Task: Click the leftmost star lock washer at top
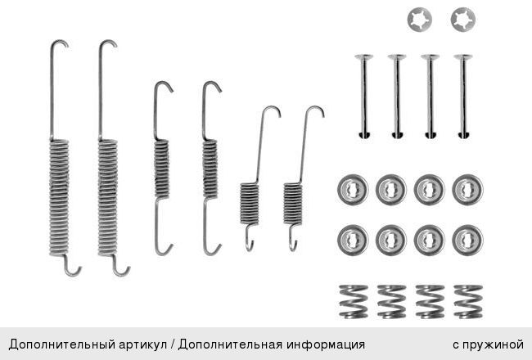[420, 20]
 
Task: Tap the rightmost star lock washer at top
[463, 20]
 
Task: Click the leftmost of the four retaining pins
[364, 96]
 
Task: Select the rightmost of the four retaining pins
[463, 96]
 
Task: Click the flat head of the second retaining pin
[397, 57]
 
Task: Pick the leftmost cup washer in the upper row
[353, 189]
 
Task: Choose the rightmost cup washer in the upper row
[467, 189]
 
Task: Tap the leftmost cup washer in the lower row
[353, 240]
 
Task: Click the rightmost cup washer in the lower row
[467, 240]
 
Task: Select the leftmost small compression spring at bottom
[354, 302]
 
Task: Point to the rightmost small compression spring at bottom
[468, 302]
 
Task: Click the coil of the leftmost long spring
[59, 197]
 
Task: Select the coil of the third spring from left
[161, 169]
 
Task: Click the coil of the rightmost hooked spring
[292, 204]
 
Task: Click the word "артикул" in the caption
[143, 344]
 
